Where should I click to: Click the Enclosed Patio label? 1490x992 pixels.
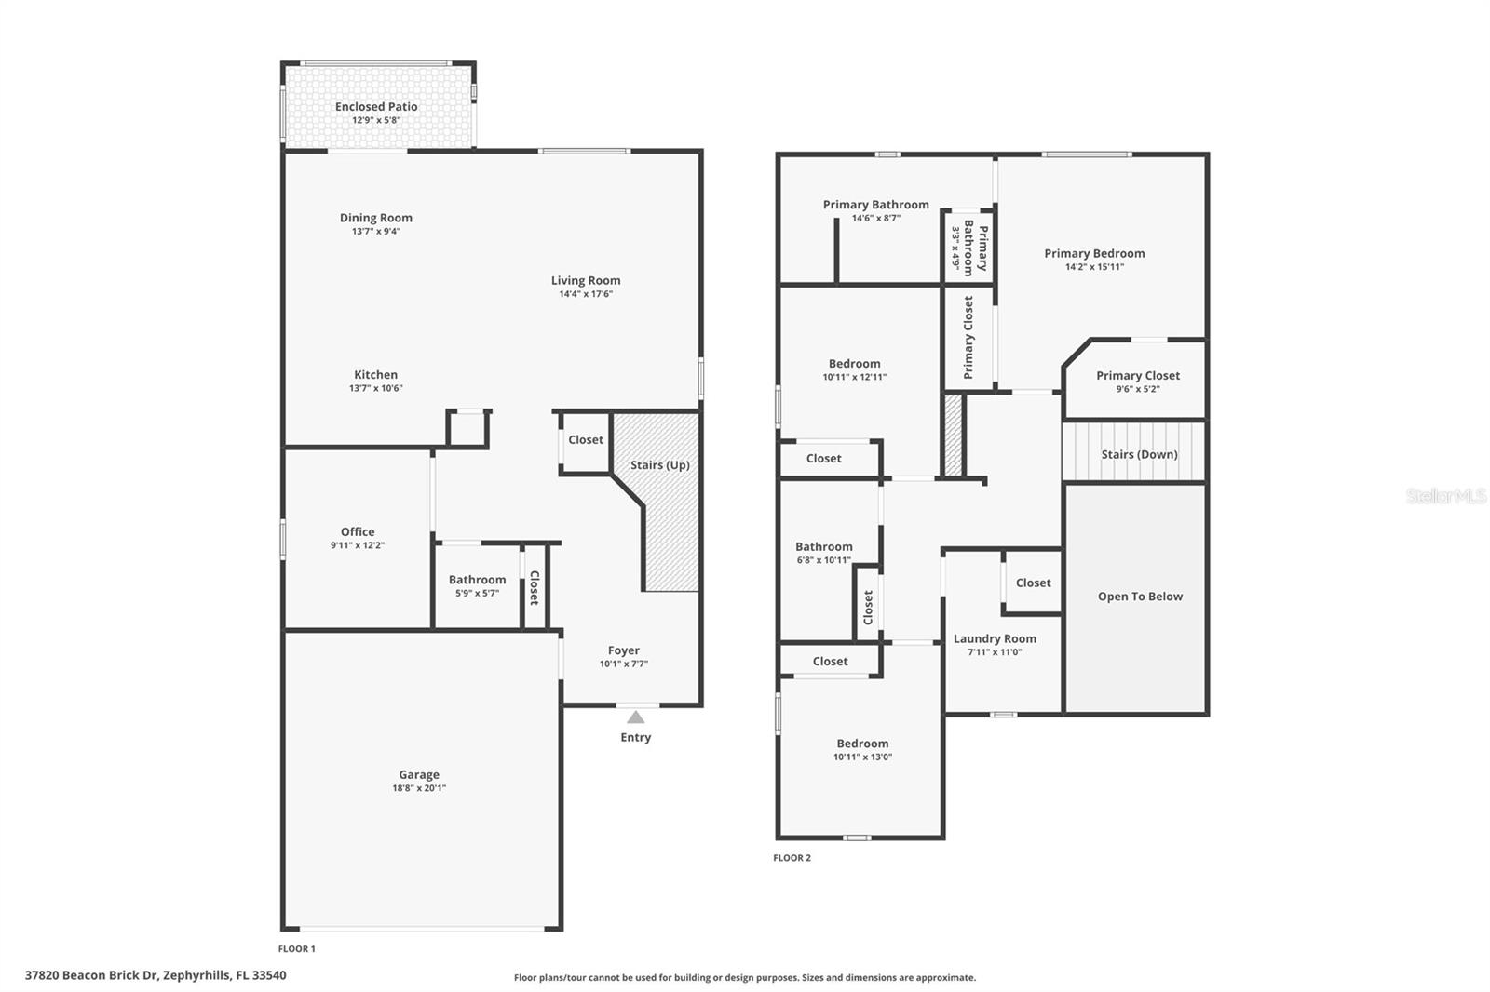(x=376, y=107)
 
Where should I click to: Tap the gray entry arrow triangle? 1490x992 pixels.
(x=635, y=717)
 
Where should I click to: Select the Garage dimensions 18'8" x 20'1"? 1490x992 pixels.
(x=419, y=788)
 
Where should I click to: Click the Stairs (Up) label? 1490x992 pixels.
(x=659, y=465)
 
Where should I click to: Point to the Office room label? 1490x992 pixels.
(x=358, y=532)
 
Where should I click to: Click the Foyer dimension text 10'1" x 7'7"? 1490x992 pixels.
(x=623, y=664)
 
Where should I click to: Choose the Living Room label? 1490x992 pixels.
(x=585, y=280)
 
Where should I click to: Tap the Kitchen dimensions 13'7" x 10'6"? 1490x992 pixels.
(x=376, y=388)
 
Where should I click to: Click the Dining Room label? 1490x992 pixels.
(x=376, y=218)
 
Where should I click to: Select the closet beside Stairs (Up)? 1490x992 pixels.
(x=586, y=440)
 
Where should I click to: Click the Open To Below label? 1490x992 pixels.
(x=1140, y=597)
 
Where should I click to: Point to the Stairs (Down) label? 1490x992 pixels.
(x=1139, y=455)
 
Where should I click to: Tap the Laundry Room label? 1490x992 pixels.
(x=995, y=639)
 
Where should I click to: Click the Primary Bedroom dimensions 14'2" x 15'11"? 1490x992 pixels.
(x=1094, y=267)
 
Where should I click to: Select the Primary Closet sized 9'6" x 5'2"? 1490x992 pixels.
(x=1137, y=376)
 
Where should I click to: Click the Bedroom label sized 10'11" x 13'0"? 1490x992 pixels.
(x=862, y=744)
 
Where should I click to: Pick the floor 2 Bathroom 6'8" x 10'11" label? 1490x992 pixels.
(x=823, y=547)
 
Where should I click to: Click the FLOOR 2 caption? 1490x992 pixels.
(x=792, y=858)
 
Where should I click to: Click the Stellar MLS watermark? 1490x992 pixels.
(x=1445, y=496)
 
